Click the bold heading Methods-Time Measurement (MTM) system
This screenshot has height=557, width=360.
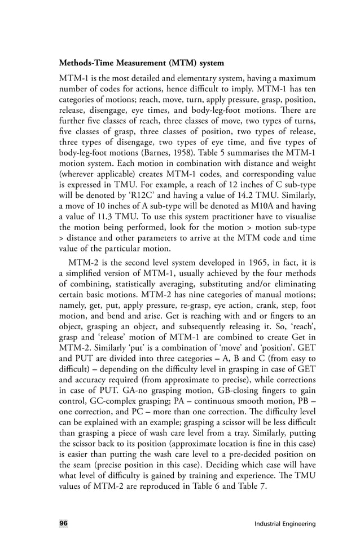tap(142, 61)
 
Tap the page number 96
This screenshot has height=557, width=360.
tap(63, 524)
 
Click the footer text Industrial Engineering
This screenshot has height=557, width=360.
tap(285, 524)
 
